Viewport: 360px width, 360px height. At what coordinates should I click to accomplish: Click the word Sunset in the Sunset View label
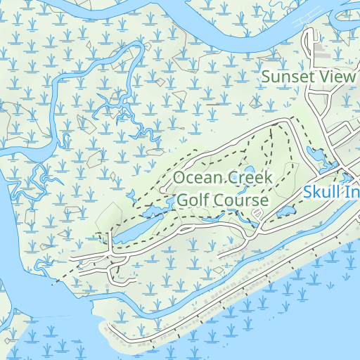[x=283, y=77]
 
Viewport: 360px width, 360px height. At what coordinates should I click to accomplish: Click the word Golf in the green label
[x=191, y=200]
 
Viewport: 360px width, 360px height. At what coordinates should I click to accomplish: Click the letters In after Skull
[x=351, y=191]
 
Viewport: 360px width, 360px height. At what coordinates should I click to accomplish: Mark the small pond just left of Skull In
[x=285, y=211]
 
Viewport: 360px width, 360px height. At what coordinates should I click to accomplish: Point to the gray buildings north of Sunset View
[x=323, y=52]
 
